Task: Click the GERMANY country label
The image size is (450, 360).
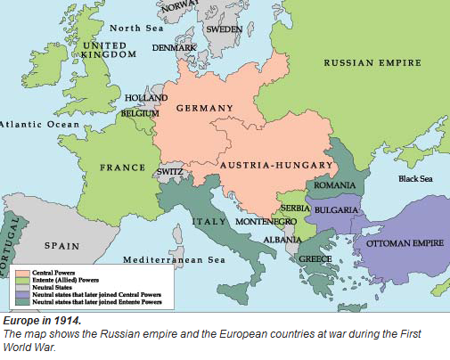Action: click(204, 108)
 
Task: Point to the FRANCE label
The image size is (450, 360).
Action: click(122, 167)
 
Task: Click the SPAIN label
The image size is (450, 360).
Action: click(62, 245)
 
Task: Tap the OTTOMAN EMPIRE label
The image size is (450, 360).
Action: click(400, 241)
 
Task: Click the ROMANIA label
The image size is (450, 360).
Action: click(335, 185)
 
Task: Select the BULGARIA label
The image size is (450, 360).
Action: click(335, 210)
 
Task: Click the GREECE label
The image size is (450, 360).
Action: click(315, 259)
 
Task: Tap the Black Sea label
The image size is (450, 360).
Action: click(416, 178)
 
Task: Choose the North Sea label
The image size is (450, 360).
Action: click(137, 27)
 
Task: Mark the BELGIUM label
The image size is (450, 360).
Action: click(142, 115)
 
